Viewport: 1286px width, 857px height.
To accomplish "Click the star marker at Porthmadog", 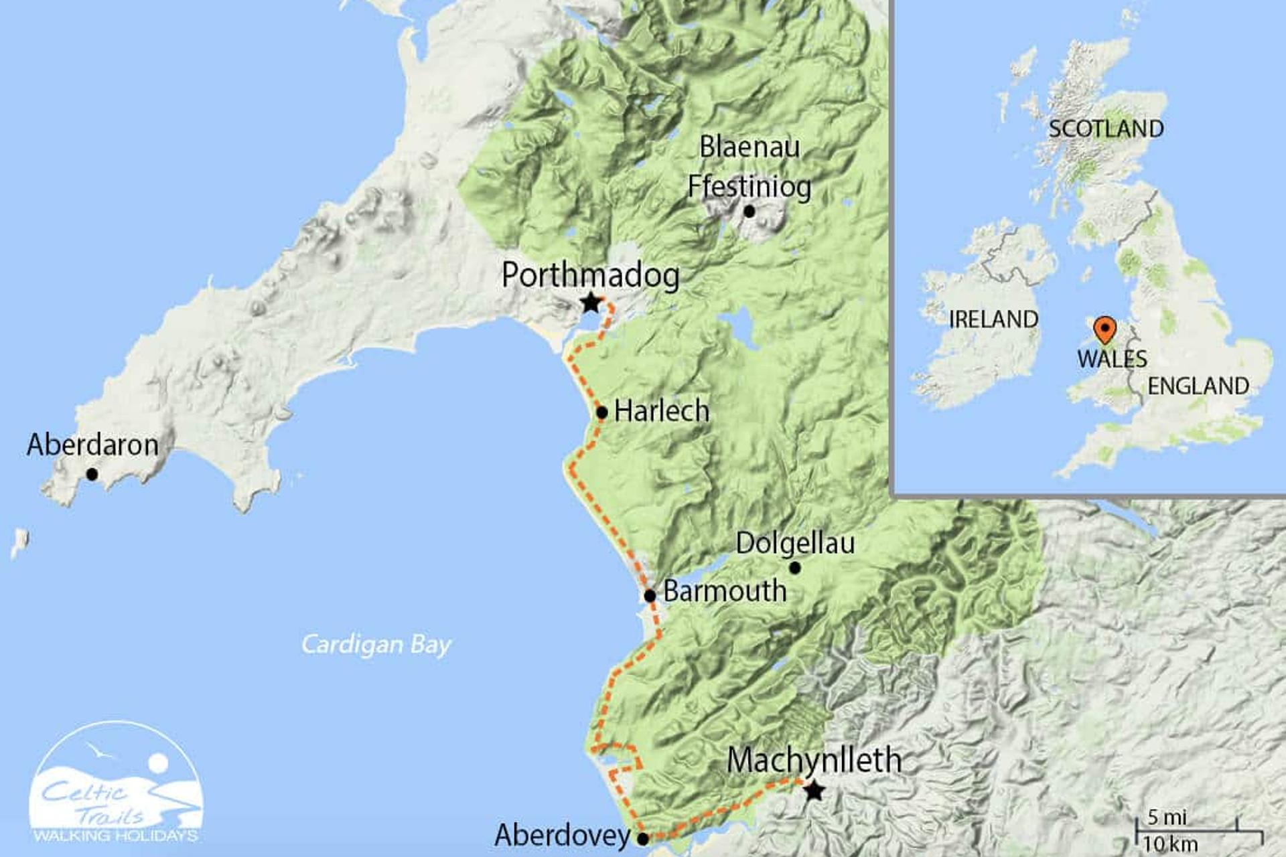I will (590, 303).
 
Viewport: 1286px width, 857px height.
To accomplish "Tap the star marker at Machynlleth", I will (814, 791).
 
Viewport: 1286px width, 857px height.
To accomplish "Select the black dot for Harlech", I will (601, 412).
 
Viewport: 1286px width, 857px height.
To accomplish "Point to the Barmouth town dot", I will (650, 595).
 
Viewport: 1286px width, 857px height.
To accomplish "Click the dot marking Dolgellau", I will (795, 568).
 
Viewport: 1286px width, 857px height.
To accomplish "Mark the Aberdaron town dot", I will (92, 474).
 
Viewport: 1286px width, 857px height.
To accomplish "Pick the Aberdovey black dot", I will (642, 838).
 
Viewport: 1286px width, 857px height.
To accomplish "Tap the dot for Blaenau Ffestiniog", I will (749, 212).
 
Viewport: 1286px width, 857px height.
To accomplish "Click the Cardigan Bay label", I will (376, 644).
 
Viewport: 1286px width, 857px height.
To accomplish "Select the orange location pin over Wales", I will (1104, 329).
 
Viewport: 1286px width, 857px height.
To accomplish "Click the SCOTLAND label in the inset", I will (1106, 129).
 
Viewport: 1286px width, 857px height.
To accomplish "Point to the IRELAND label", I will (993, 319).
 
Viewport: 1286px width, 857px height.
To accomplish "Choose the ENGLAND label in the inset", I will (1198, 386).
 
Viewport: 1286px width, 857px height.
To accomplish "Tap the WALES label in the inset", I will (1112, 359).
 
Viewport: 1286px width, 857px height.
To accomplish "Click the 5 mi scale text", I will (1167, 817).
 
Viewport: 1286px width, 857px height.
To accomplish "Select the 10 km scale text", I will (1169, 844).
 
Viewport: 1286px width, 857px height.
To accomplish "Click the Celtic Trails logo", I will (117, 783).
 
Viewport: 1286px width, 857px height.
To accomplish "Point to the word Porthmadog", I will (590, 275).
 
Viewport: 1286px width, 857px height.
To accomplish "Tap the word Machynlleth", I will (814, 760).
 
